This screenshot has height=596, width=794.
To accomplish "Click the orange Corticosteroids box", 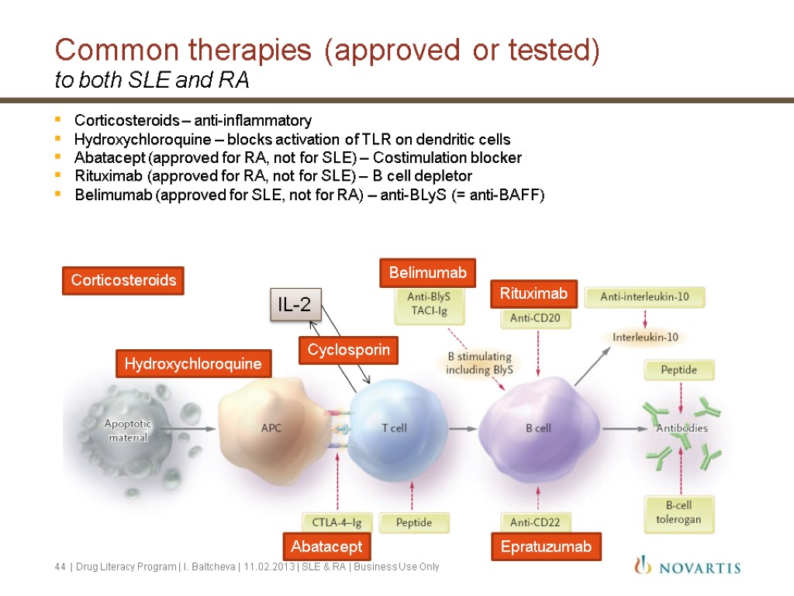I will point(123,280).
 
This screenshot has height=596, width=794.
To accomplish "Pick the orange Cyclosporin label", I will point(348,351).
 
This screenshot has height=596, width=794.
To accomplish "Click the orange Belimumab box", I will point(427,272).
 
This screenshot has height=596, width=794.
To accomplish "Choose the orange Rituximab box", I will point(533,293).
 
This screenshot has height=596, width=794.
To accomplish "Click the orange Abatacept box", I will point(326,547).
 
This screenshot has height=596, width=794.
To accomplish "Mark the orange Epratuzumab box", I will point(546,547).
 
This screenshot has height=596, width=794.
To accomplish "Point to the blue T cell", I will point(394,428).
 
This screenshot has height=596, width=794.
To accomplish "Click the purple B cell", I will point(539,428).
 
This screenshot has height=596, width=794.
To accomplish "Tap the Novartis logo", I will point(686,567).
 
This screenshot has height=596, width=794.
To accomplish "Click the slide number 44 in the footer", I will point(60,567).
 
